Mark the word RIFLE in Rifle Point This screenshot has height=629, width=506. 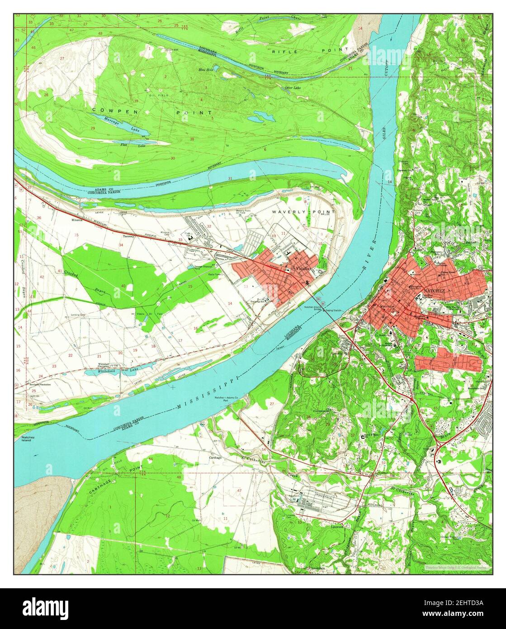tap(284, 52)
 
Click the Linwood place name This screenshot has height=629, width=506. tap(337, 527)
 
